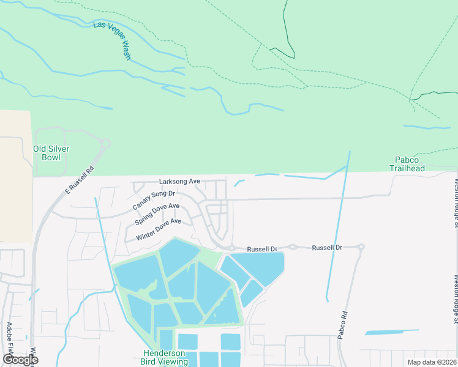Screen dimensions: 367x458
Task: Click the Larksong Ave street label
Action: point(180,182)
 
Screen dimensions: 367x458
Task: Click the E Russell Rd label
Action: point(80,181)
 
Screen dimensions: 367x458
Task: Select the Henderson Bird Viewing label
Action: point(165,357)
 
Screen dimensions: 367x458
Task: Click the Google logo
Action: point(20,360)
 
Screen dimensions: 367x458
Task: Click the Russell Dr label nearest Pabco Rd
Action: point(326,248)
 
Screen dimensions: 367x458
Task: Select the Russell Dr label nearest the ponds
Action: point(262,250)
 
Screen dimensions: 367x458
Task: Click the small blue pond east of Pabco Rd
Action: point(392,332)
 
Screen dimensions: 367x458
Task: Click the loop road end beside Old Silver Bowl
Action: point(105,144)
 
